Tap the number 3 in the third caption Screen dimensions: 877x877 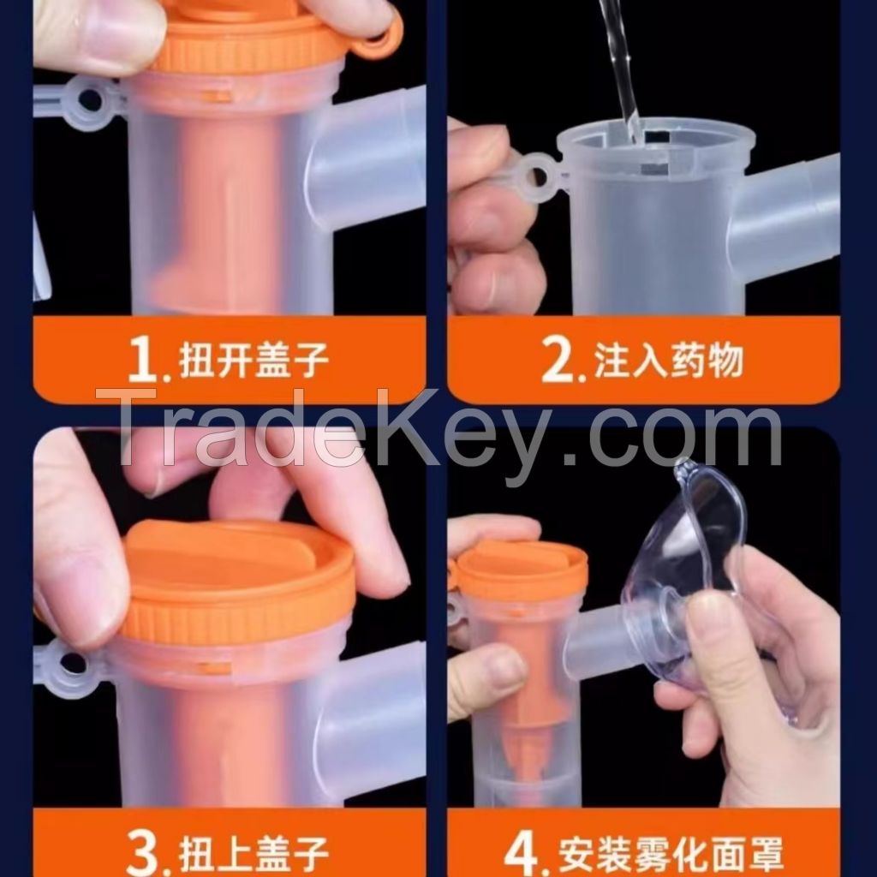142,853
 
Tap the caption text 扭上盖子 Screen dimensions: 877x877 254,855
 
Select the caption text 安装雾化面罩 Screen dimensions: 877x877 671,855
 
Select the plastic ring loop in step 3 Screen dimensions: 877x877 70,664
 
